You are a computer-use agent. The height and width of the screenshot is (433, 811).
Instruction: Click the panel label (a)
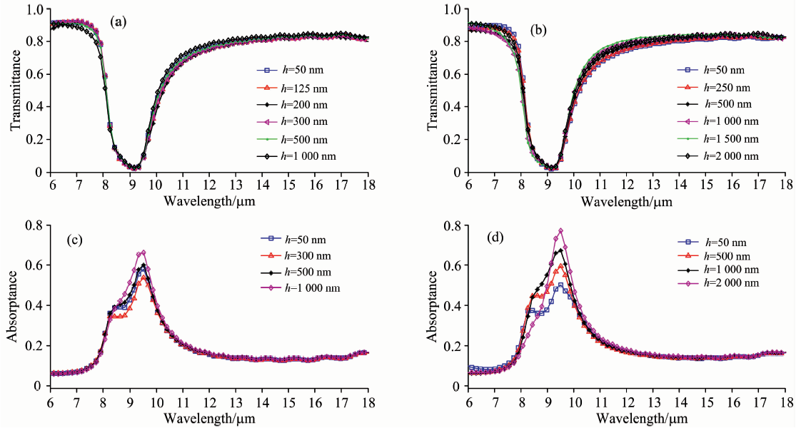tap(118, 22)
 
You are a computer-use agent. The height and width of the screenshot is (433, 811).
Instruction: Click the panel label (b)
tap(539, 29)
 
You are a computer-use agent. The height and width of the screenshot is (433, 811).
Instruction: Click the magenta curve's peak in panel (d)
tap(561, 230)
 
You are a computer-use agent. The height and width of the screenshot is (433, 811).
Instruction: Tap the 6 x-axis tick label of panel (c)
tap(50, 399)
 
